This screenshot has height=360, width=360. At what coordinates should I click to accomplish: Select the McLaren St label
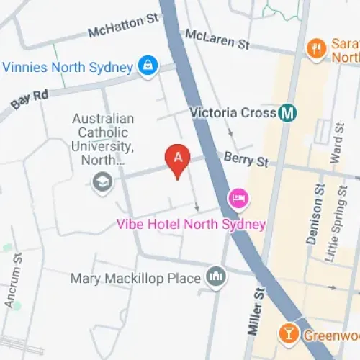(217, 39)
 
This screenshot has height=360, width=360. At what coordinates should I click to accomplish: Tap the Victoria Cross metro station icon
(289, 113)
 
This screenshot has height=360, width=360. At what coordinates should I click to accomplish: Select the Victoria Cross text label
(233, 113)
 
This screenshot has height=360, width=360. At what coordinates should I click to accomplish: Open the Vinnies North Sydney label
(68, 67)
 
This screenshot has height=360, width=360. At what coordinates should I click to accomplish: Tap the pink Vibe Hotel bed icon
(238, 197)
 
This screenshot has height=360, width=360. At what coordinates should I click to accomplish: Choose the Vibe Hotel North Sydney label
(191, 224)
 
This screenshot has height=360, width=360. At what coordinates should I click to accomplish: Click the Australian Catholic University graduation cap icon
(103, 181)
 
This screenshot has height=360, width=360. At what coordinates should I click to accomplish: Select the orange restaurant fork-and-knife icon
(315, 48)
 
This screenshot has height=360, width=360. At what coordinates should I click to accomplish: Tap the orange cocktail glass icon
(289, 333)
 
